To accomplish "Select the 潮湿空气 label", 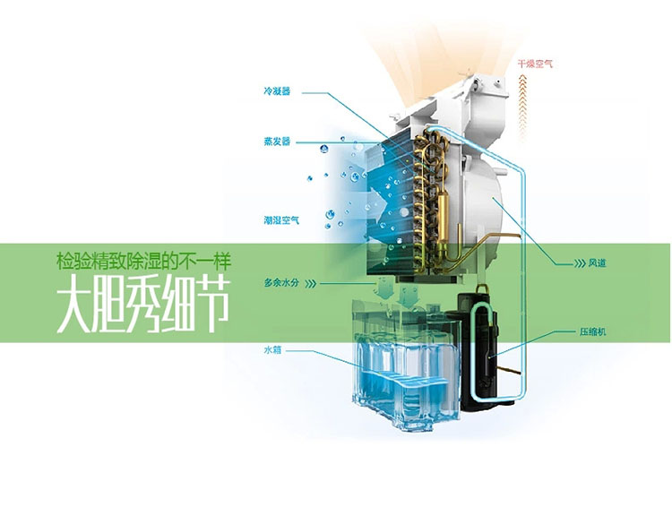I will [x=280, y=220].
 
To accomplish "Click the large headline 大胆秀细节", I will [x=142, y=306].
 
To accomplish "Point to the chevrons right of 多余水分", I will [x=311, y=283].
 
